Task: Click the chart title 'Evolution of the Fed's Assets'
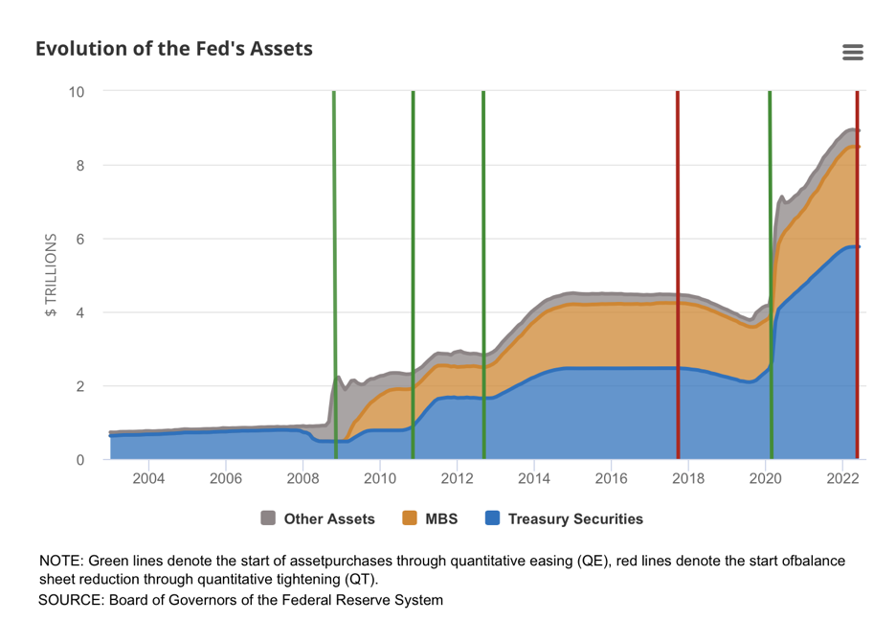point(173,49)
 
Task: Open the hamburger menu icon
point(852,53)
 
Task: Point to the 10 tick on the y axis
point(76,92)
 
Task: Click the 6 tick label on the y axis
point(80,240)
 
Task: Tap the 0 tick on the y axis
point(80,460)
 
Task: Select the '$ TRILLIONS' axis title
point(51,275)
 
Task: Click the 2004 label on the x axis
point(148,479)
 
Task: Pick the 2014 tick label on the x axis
point(534,479)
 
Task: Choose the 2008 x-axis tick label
point(302,479)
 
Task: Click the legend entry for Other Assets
point(318,519)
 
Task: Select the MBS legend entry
point(430,519)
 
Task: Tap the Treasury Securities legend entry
point(564,519)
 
